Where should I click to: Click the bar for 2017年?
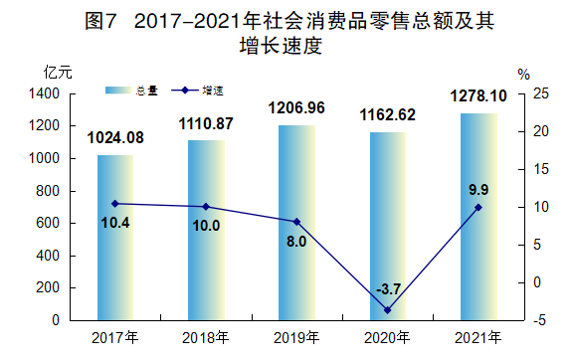pyautogui.click(x=115, y=238)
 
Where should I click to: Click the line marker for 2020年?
pyautogui.click(x=387, y=310)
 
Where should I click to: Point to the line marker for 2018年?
pyautogui.click(x=206, y=207)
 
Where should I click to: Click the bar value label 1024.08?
pyautogui.click(x=115, y=137)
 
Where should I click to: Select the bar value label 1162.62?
pyautogui.click(x=387, y=114)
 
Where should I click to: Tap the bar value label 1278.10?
pyautogui.click(x=477, y=96)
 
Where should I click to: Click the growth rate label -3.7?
pyautogui.click(x=388, y=289)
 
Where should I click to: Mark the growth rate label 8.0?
pyautogui.click(x=296, y=241)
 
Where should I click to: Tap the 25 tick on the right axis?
pyautogui.click(x=541, y=93)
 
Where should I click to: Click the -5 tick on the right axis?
pyautogui.click(x=541, y=321)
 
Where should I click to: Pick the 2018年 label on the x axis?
pyautogui.click(x=206, y=337)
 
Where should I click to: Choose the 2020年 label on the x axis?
pyautogui.click(x=387, y=337)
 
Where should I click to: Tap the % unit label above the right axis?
pyautogui.click(x=525, y=73)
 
